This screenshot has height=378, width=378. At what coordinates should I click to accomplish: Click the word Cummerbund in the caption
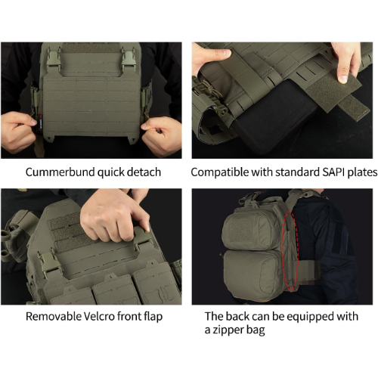tap(60, 172)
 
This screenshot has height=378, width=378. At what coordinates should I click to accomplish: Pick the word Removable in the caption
tap(53, 317)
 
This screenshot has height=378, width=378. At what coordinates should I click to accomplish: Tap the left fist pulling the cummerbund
tap(19, 132)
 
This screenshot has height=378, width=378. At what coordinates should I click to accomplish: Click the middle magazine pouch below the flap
tap(113, 291)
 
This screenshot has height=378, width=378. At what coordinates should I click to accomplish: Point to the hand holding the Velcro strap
tap(345, 62)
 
